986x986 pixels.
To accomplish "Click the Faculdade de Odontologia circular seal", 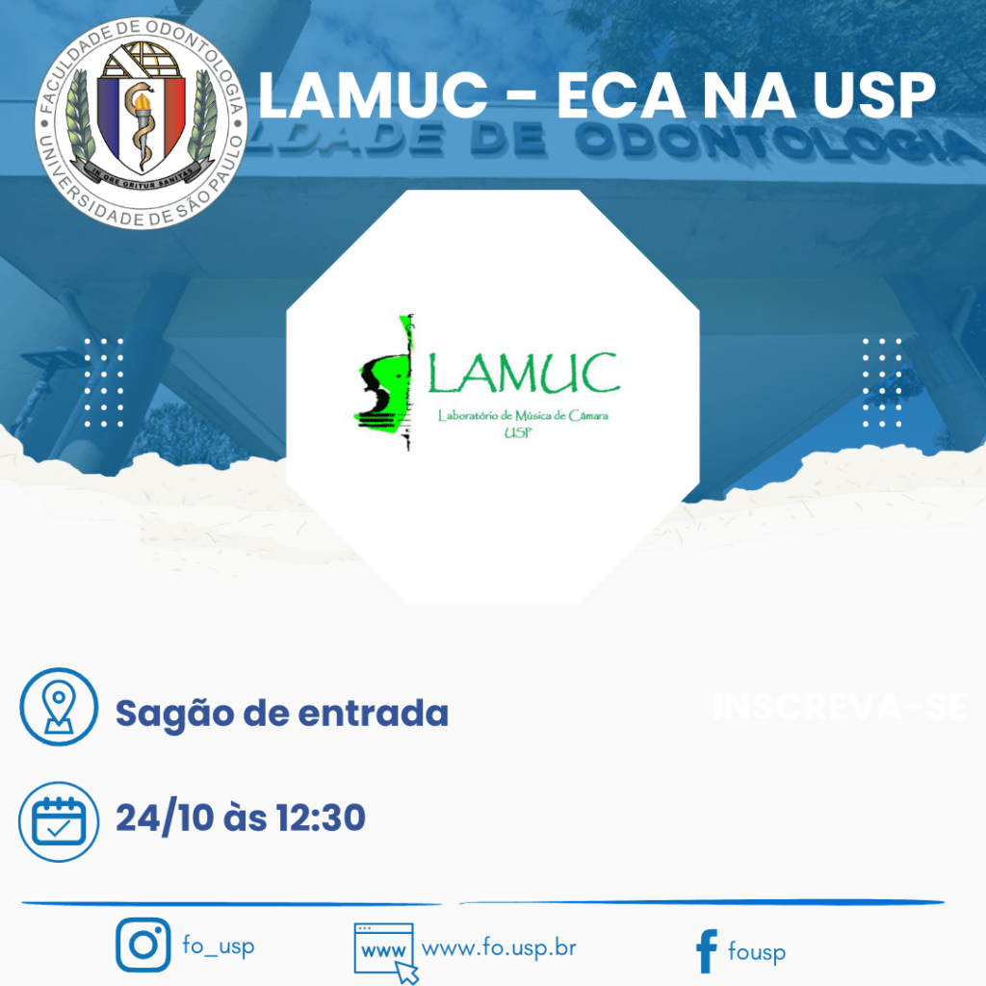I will [x=142, y=122].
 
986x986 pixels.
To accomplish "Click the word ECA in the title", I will [x=636, y=97].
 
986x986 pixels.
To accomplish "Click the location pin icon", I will [x=59, y=706].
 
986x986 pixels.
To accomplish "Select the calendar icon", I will [x=59, y=821].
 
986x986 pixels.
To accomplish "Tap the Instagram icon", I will [x=143, y=945].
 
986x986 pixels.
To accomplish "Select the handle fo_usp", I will [x=219, y=946].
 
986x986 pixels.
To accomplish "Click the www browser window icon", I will [x=385, y=951].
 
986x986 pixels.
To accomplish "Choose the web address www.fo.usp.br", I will [x=499, y=947].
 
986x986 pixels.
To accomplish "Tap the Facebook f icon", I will [x=706, y=951].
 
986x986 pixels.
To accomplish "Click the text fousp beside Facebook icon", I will [x=757, y=952].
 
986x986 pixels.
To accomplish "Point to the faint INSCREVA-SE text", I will [x=839, y=707].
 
